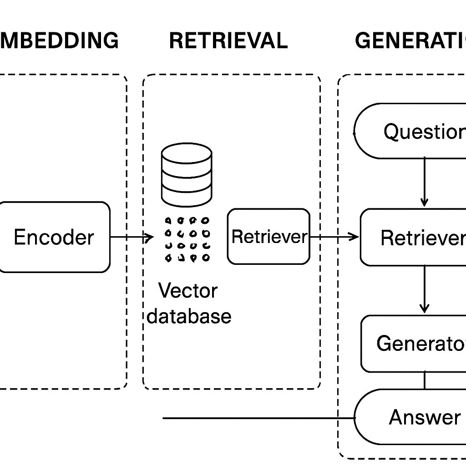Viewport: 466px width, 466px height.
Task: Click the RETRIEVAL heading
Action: point(228,41)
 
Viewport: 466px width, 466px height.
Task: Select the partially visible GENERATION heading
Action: point(410,41)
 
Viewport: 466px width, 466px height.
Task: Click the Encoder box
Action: point(54,237)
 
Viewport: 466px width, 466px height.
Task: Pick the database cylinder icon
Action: point(187,175)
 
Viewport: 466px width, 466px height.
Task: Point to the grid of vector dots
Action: point(187,239)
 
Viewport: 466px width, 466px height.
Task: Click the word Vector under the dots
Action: point(188,290)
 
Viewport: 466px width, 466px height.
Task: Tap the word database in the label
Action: point(189,316)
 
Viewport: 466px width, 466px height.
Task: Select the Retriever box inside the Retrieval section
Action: point(268,237)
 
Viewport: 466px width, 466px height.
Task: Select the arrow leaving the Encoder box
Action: point(131,237)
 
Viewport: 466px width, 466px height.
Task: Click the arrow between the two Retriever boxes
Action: point(334,236)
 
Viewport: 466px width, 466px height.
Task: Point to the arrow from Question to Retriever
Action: point(424,182)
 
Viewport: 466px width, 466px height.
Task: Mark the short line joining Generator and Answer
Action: point(424,380)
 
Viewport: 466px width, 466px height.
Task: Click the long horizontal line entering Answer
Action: point(255,418)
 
